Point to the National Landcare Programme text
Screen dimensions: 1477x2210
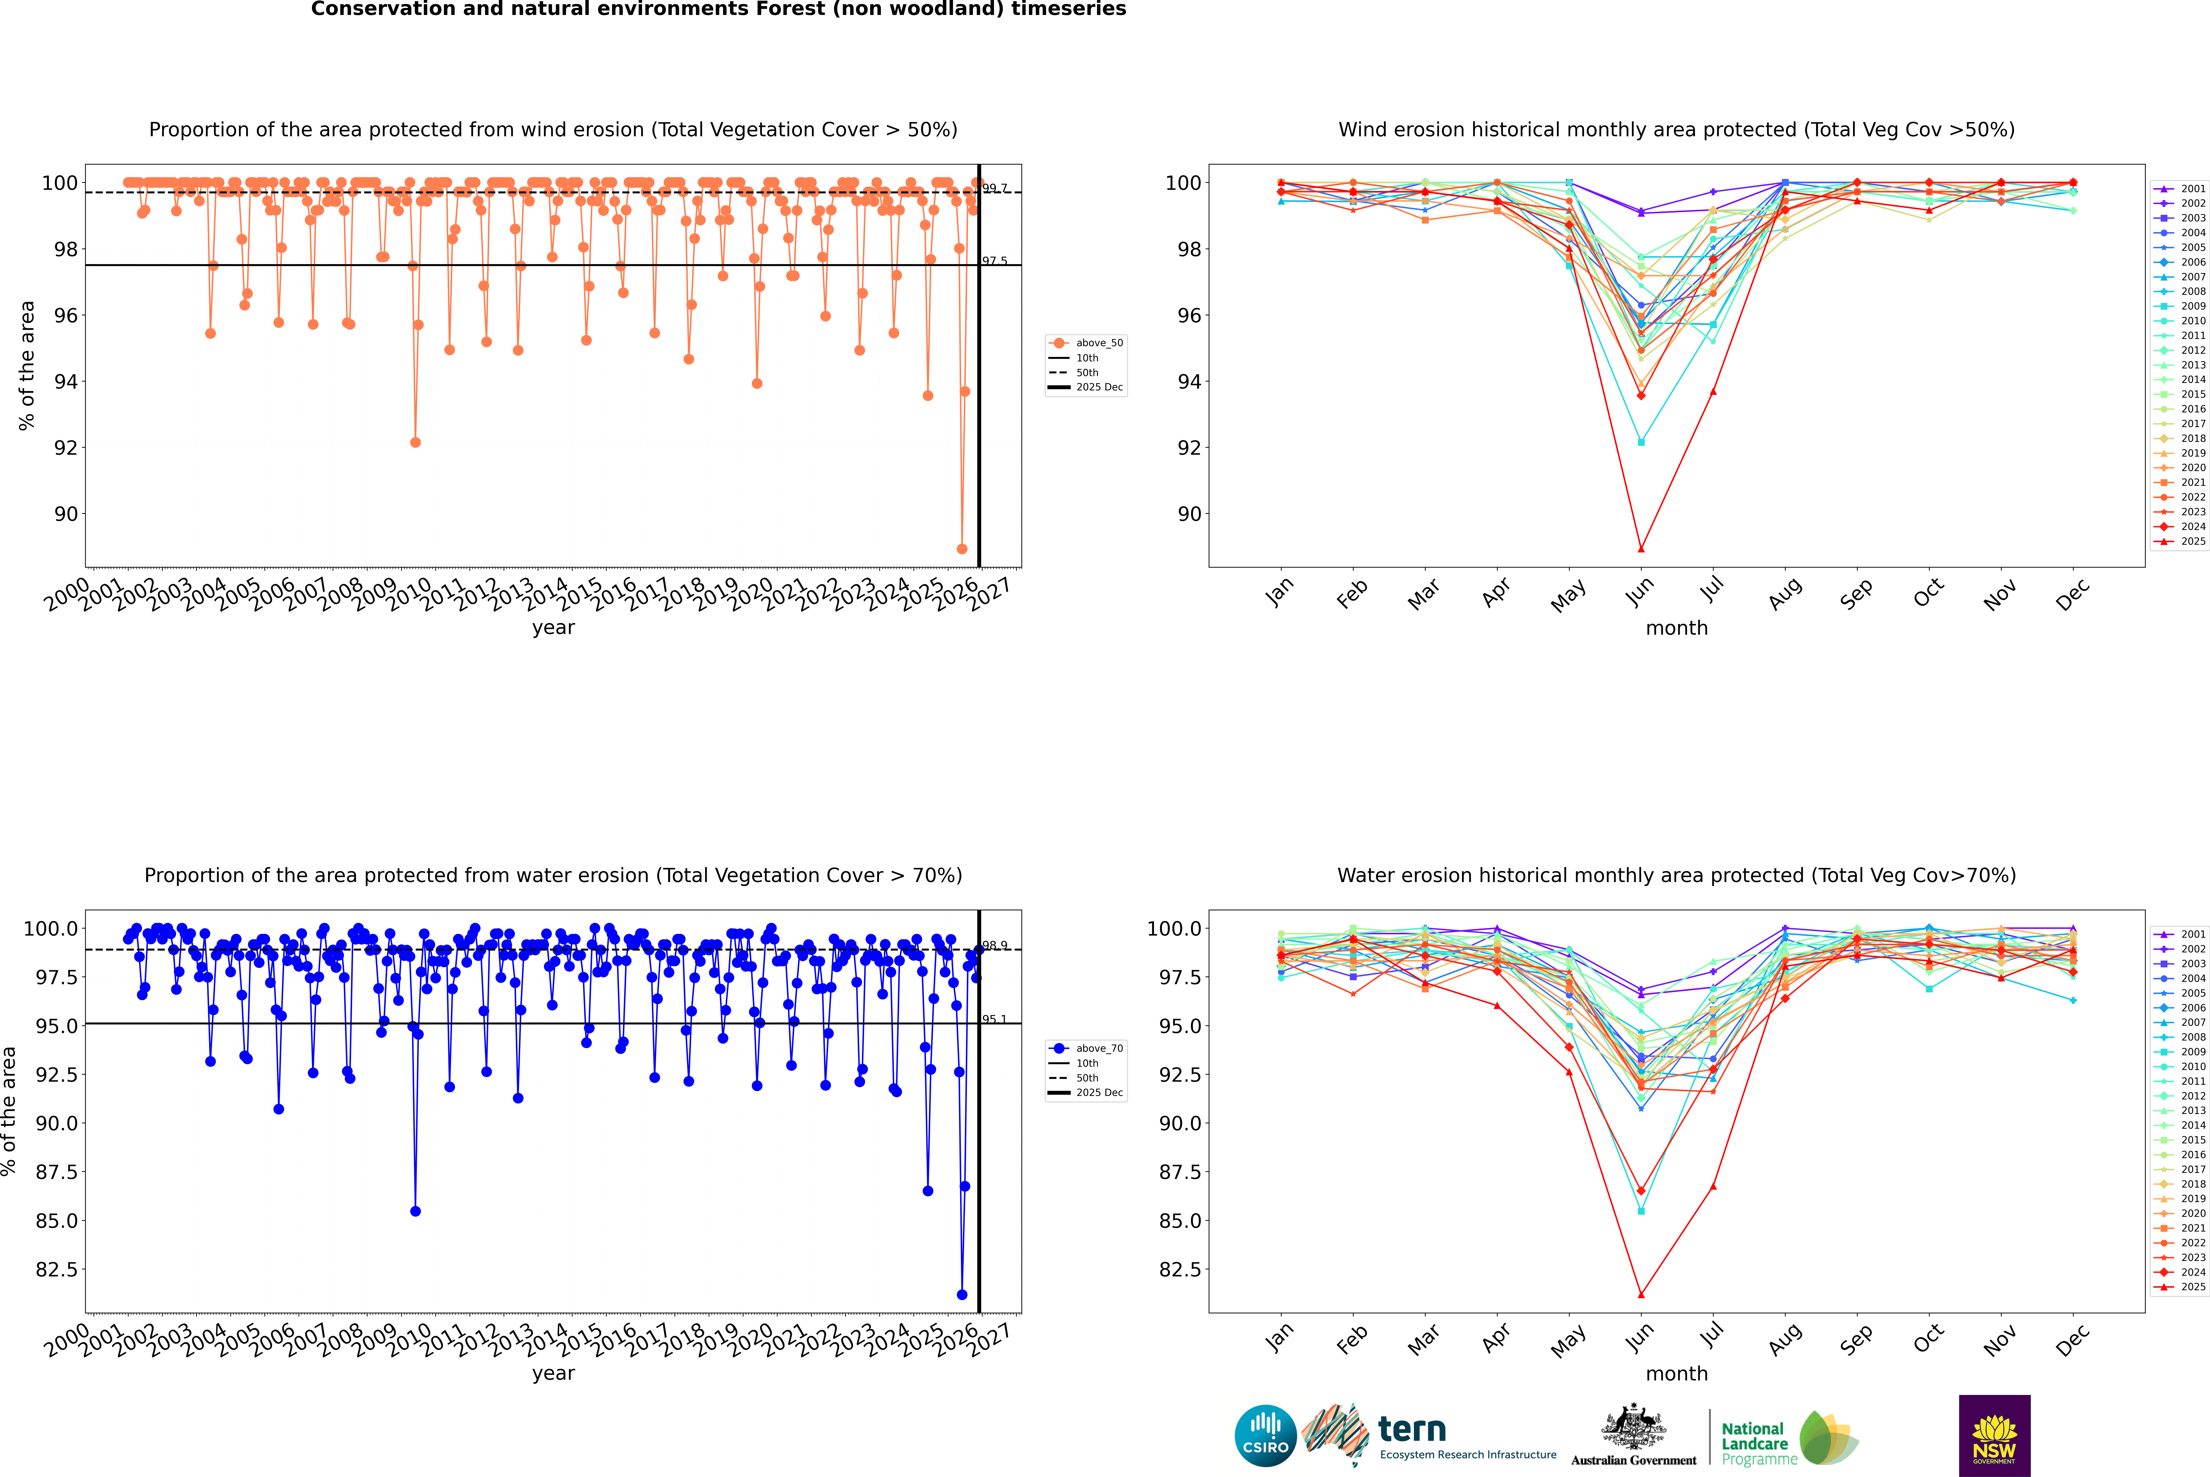pos(1754,1443)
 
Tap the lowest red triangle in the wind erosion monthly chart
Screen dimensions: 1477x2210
pos(1641,549)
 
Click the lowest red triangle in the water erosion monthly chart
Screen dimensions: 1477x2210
pos(1641,1294)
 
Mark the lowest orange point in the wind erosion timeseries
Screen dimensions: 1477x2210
pos(962,549)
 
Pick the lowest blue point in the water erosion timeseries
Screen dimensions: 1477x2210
pos(962,1294)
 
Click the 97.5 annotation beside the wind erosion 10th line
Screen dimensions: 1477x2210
pos(995,261)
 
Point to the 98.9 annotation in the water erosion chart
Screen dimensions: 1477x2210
pos(995,945)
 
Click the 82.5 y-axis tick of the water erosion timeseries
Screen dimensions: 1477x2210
pos(57,1269)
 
